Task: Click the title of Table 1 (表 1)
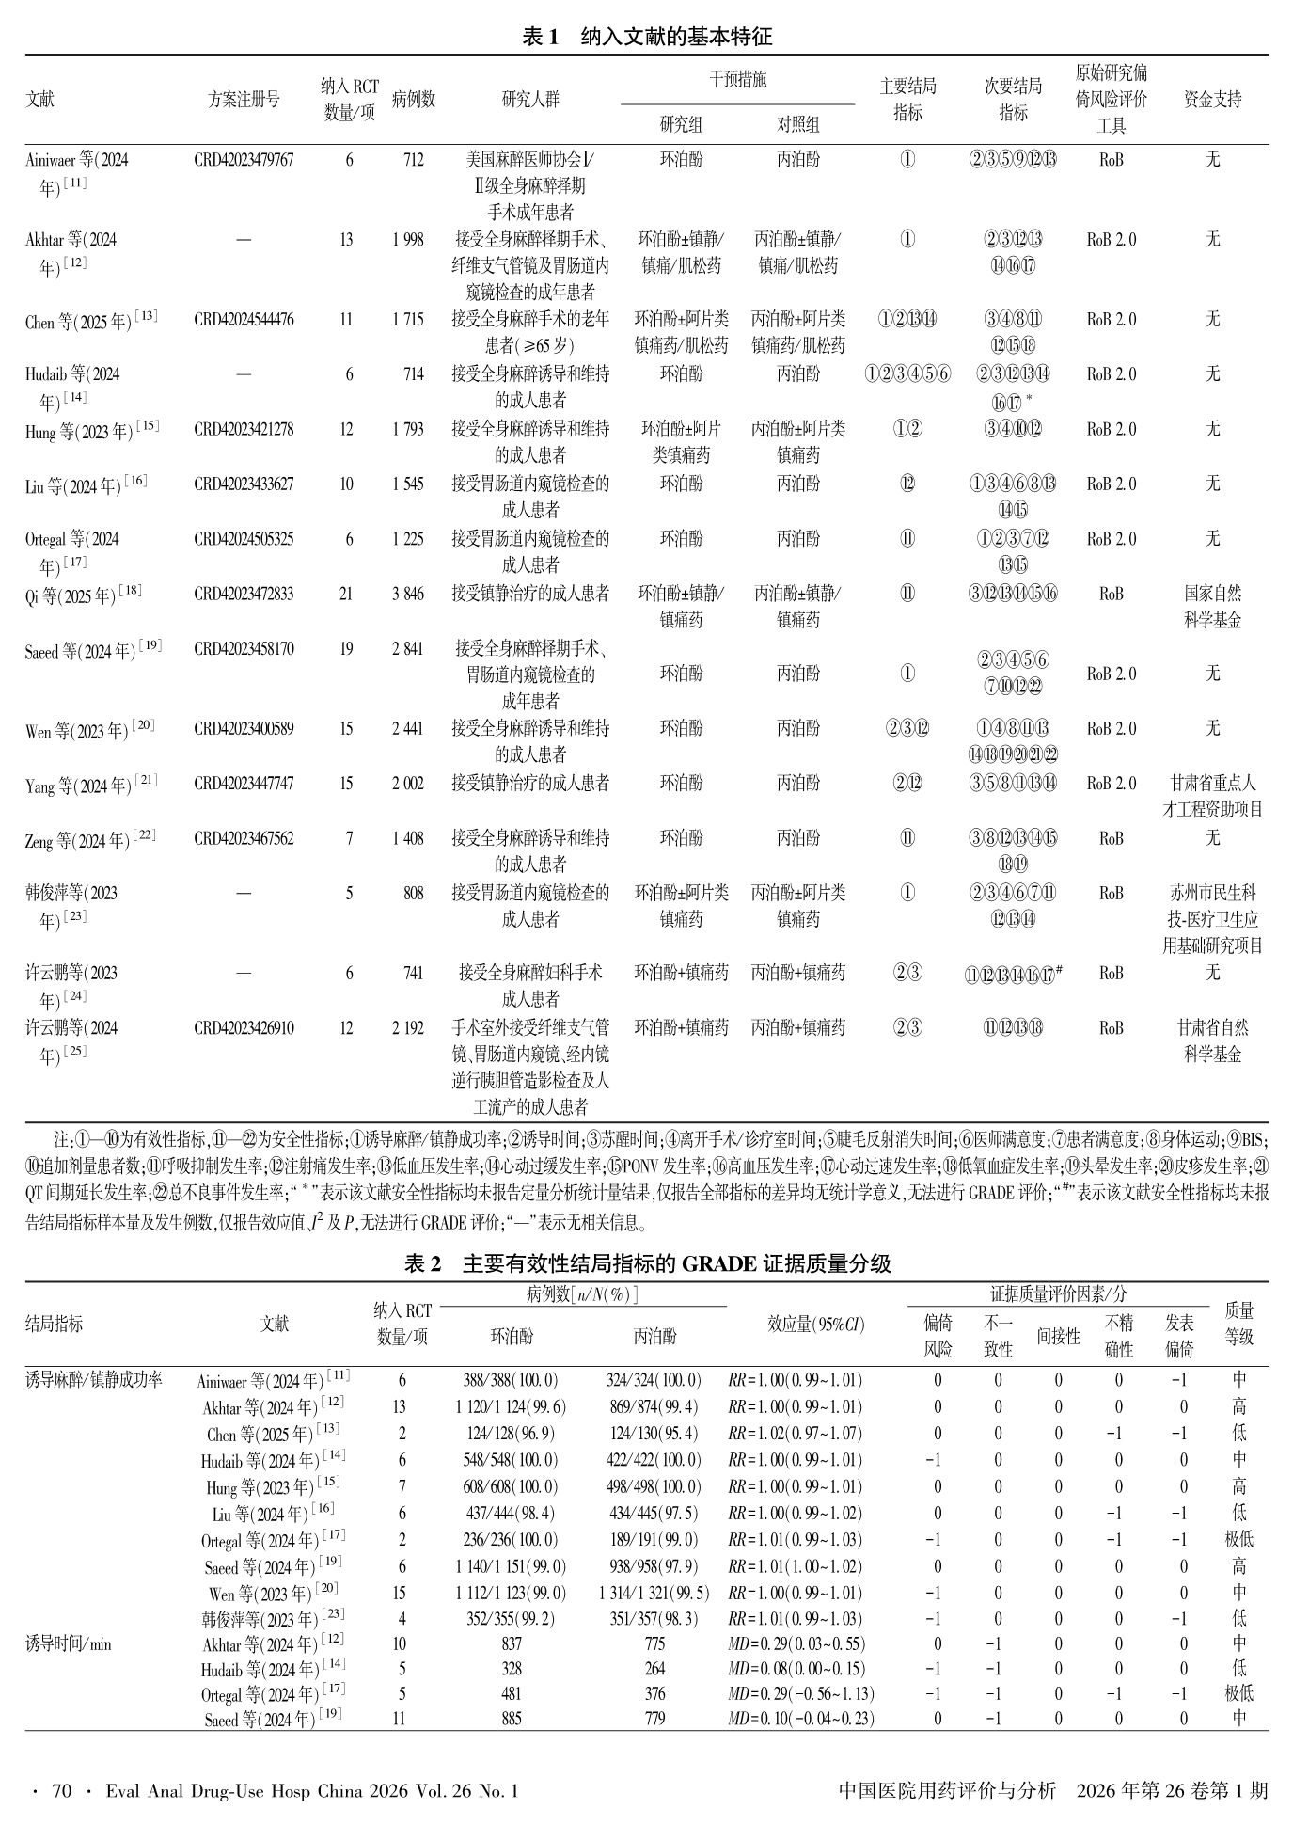point(647,37)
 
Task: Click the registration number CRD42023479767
point(244,160)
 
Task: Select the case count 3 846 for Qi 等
point(408,594)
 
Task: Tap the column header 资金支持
point(1212,100)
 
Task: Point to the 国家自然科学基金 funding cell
point(1212,607)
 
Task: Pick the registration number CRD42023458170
point(244,648)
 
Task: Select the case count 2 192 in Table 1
point(408,1028)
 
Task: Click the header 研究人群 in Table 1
point(530,100)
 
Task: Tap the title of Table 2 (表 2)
point(647,1263)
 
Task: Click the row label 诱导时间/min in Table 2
point(69,1644)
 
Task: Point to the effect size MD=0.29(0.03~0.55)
point(796,1644)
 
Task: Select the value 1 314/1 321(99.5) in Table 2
point(654,1593)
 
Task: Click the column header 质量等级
point(1238,1324)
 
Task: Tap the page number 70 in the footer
point(62,1790)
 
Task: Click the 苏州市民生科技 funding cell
point(1212,919)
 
